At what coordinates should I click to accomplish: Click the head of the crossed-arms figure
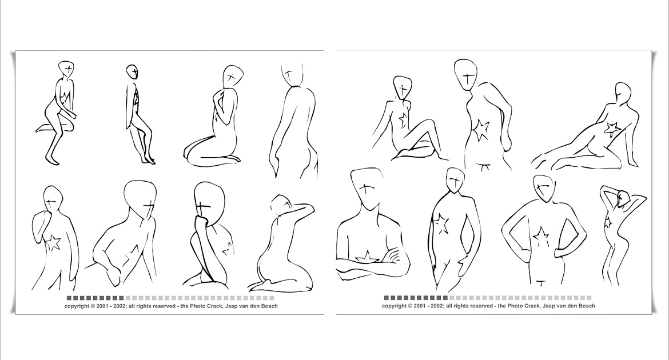[x=366, y=187]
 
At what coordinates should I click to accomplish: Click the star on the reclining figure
[x=612, y=128]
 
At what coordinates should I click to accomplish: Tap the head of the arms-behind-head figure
[x=623, y=198]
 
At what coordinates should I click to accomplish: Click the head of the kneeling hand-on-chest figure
[x=233, y=77]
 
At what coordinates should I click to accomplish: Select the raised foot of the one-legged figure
[x=41, y=128]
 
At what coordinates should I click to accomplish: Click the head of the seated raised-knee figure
[x=403, y=87]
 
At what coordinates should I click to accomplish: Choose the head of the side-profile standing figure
[x=132, y=71]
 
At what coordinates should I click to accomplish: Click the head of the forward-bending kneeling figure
[x=280, y=205]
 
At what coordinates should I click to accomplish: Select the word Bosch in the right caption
[x=587, y=306]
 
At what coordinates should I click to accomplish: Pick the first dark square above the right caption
[x=386, y=298]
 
